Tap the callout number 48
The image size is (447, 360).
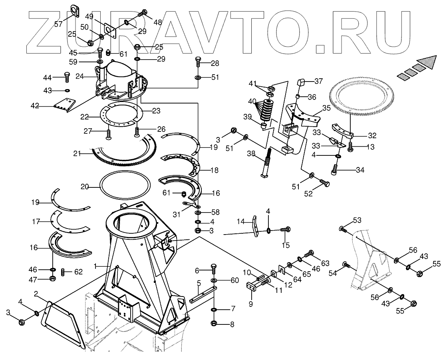tap(157, 22)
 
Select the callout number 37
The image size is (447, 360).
tap(318, 82)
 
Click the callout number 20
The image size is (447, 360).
tap(85, 186)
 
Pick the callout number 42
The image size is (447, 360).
tap(35, 105)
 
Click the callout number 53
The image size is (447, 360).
tap(357, 221)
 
